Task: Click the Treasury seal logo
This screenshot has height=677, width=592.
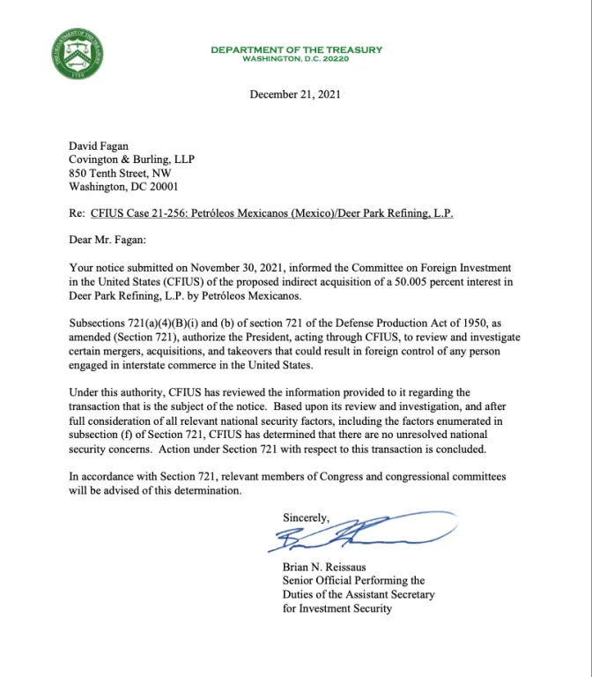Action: click(x=78, y=54)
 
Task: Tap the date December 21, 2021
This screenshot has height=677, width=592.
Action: click(x=295, y=94)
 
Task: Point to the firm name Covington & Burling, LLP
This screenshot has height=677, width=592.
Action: click(x=131, y=160)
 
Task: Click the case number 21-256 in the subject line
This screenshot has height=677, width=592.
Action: click(x=168, y=214)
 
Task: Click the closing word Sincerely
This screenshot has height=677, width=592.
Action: click(x=306, y=517)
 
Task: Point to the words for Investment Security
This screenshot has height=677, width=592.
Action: click(x=337, y=608)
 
